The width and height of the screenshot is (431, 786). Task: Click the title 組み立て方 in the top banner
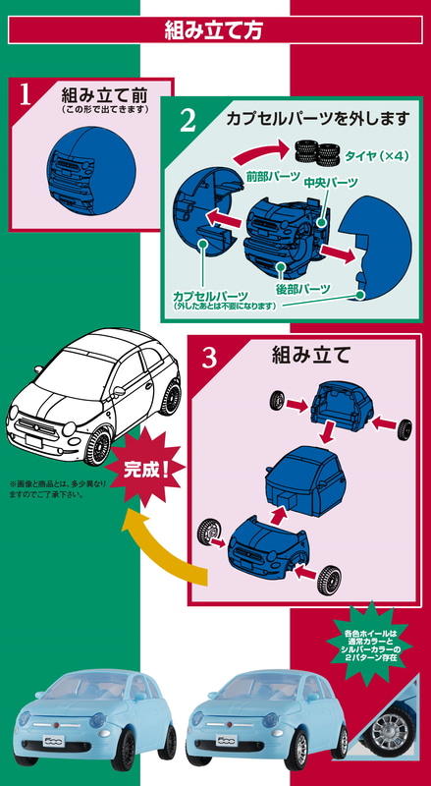pyautogui.click(x=214, y=30)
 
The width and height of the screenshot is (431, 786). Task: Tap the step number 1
pyautogui.click(x=26, y=94)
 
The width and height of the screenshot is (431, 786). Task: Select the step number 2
pyautogui.click(x=188, y=121)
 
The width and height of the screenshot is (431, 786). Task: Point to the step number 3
pyautogui.click(x=210, y=358)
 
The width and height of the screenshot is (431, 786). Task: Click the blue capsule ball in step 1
pyautogui.click(x=90, y=170)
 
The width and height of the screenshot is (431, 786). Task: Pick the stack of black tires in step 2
pyautogui.click(x=317, y=151)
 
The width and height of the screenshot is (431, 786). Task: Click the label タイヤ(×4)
pyautogui.click(x=376, y=156)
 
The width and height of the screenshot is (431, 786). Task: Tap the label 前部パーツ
pyautogui.click(x=272, y=176)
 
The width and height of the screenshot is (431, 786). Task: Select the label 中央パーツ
pyautogui.click(x=331, y=182)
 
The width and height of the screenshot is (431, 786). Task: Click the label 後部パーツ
pyautogui.click(x=302, y=289)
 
